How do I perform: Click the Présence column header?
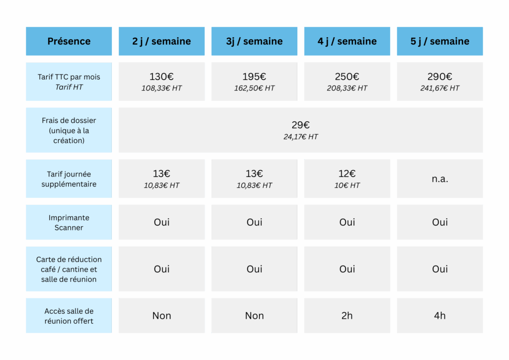[69, 41]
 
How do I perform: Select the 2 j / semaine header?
[162, 42]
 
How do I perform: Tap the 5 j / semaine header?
[440, 42]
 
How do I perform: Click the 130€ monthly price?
[162, 77]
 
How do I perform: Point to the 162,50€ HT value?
[254, 89]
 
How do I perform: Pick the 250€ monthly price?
[347, 77]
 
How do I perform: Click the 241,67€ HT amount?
[440, 89]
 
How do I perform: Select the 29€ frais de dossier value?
[301, 125]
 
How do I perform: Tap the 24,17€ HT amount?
[301, 137]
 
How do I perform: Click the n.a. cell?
[440, 179]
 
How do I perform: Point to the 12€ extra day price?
[347, 174]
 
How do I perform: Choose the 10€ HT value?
[347, 185]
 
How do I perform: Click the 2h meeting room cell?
[347, 316]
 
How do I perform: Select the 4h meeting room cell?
[440, 316]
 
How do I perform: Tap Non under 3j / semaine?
[254, 316]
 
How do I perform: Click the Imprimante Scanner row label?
[69, 222]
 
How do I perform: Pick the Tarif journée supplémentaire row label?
[69, 179]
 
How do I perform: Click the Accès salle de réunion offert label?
[69, 316]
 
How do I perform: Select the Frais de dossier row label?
[69, 130]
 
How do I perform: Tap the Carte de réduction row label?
[69, 269]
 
